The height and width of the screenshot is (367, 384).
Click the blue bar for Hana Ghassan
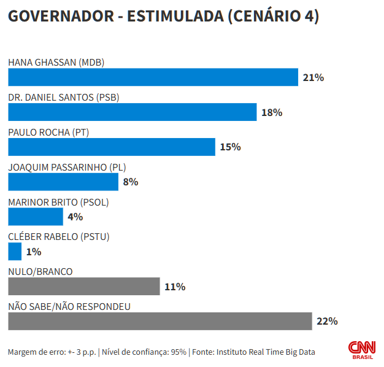153,77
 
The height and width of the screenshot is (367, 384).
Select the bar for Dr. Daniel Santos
132,112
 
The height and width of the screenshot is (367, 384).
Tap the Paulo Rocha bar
112,147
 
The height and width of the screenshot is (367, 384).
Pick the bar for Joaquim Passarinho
63,182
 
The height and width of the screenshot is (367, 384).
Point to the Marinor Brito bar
36,217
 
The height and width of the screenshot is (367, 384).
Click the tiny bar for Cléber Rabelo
15,252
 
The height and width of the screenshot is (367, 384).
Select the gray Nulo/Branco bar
84,287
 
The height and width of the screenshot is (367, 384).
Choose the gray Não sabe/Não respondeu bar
160,321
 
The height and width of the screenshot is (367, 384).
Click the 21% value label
313,78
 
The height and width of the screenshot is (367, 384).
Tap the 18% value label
271,113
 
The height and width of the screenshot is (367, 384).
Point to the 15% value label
230,147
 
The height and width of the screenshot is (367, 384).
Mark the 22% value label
327,322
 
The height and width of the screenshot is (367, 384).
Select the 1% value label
34,252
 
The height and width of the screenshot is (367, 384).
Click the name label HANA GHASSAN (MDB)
56,62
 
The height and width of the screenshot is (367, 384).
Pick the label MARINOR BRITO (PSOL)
58,202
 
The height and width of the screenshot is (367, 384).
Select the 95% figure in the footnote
179,352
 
